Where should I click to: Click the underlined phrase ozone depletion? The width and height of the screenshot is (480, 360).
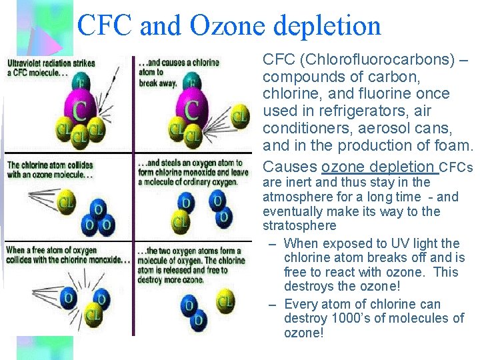377,166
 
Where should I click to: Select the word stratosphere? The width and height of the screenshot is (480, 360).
299,225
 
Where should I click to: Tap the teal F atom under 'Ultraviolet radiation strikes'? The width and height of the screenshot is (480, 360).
81,83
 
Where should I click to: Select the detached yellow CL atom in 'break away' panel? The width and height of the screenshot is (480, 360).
240,118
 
